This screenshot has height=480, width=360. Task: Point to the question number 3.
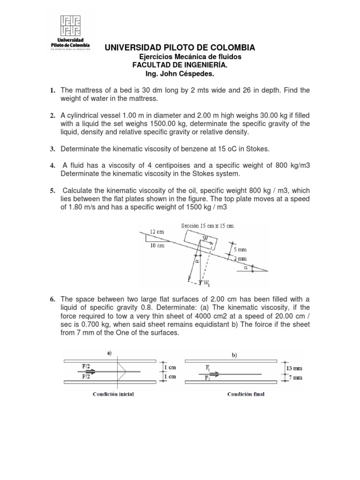[53, 149]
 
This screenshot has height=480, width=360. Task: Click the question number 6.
[53, 299]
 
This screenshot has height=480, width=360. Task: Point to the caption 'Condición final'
[246, 394]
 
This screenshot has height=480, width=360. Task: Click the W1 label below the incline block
[207, 283]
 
